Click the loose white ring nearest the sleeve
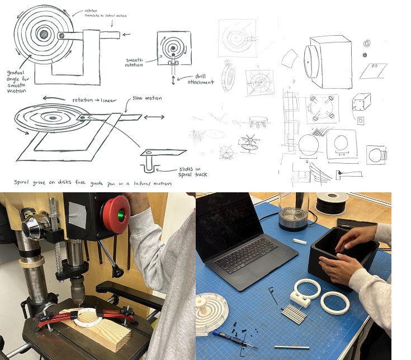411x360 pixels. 335,302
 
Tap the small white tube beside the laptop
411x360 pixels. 301,241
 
